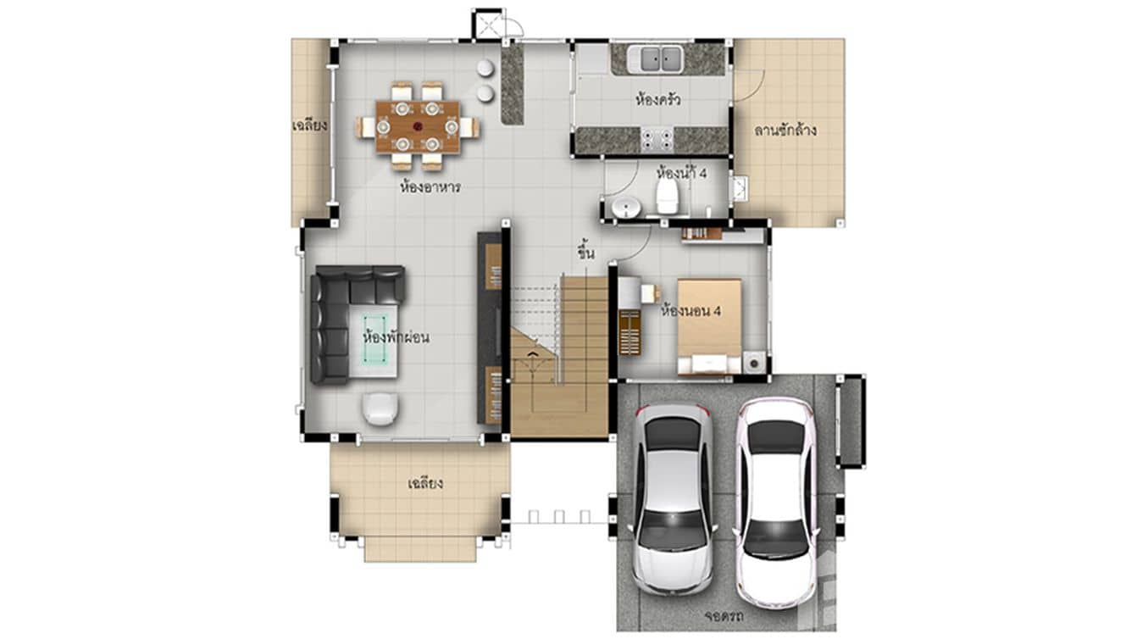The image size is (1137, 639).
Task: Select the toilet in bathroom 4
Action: pyautogui.click(x=668, y=194)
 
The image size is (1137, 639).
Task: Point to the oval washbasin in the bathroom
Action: pyautogui.click(x=626, y=208)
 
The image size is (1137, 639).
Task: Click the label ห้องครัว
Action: pyautogui.click(x=658, y=100)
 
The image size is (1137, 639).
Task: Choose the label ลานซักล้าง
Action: pyautogui.click(x=785, y=131)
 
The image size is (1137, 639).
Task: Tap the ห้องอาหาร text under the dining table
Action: pyautogui.click(x=430, y=187)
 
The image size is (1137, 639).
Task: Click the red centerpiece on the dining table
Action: pyautogui.click(x=417, y=126)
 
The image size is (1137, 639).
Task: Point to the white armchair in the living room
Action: pyautogui.click(x=380, y=408)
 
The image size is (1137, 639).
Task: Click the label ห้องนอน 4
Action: pyautogui.click(x=691, y=311)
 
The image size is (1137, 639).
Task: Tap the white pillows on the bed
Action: pyautogui.click(x=709, y=364)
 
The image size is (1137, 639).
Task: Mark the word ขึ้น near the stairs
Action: pyautogui.click(x=585, y=252)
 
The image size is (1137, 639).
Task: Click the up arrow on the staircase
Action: pyautogui.click(x=531, y=353)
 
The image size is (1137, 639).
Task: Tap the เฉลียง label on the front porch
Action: pyautogui.click(x=425, y=485)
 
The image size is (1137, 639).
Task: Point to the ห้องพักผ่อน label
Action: pyautogui.click(x=395, y=337)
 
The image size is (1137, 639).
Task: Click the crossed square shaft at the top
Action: pyautogui.click(x=488, y=24)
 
